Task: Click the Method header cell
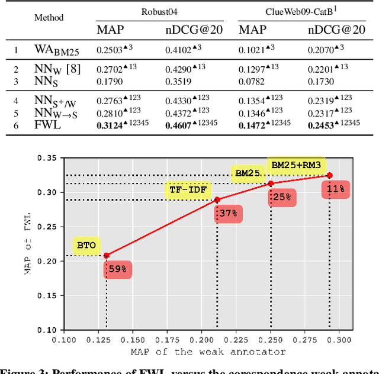tap(49, 18)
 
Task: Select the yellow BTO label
tap(86, 245)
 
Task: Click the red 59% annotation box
tap(117, 269)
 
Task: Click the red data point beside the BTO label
tap(106, 256)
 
